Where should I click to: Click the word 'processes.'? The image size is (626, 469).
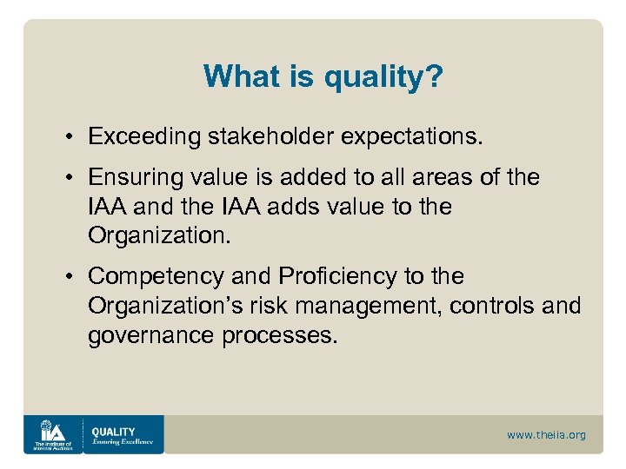point(279,335)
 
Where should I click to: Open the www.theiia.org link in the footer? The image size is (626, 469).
point(546,435)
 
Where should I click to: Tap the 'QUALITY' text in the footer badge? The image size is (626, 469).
point(113,431)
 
